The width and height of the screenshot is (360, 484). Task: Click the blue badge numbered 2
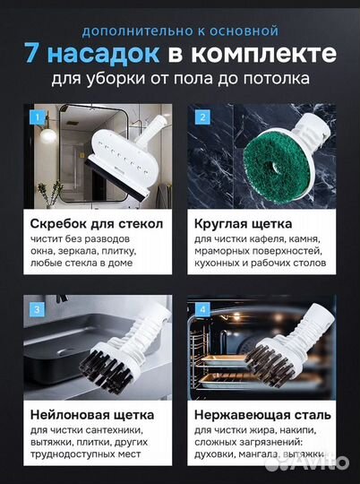[x=202, y=117]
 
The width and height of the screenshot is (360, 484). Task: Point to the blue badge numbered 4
[x=202, y=310]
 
